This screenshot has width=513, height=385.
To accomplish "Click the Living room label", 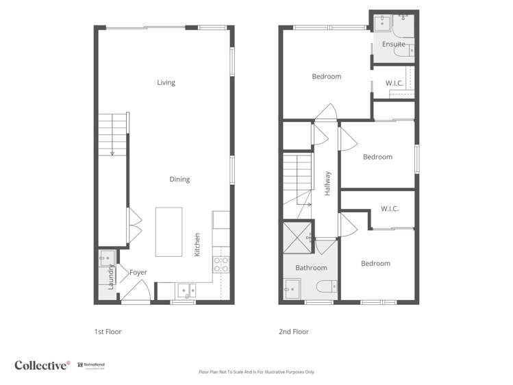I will pyautogui.click(x=166, y=82).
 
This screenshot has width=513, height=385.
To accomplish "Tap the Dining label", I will pyautogui.click(x=179, y=179).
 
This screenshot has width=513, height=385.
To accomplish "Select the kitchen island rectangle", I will pyautogui.click(x=169, y=232).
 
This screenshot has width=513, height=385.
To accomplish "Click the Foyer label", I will pyautogui.click(x=138, y=272).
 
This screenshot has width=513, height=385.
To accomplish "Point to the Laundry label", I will pyautogui.click(x=110, y=277).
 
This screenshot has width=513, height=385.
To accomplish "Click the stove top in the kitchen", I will pyautogui.click(x=221, y=264).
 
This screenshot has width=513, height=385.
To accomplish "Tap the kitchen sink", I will pyautogui.click(x=186, y=290).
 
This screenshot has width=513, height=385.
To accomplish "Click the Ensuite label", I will pyautogui.click(x=393, y=45).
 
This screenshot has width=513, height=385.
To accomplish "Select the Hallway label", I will pyautogui.click(x=327, y=184).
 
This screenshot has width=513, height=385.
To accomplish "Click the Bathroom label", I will pyautogui.click(x=311, y=267).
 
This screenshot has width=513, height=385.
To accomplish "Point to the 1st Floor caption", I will pyautogui.click(x=108, y=332).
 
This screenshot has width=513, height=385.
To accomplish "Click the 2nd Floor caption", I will pyautogui.click(x=293, y=332).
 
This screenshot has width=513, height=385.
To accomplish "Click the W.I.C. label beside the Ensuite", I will pyautogui.click(x=394, y=84).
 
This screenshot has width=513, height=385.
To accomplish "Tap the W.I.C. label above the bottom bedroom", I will pyautogui.click(x=390, y=209).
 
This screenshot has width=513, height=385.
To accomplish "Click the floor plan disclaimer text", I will pyautogui.click(x=256, y=372).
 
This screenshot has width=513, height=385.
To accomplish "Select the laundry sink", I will pyautogui.click(x=106, y=258).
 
